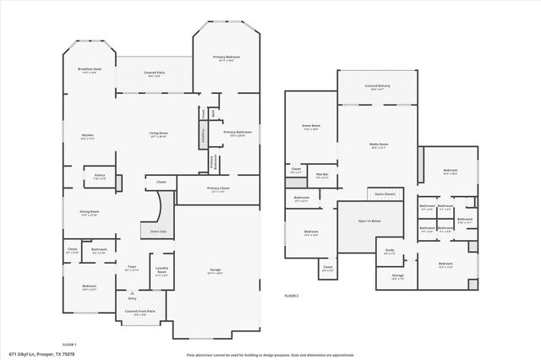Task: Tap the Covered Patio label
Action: (x=155, y=74)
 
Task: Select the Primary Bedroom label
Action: (x=225, y=57)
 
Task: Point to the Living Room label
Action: (x=158, y=134)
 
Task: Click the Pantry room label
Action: (x=99, y=177)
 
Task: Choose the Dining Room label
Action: (x=89, y=213)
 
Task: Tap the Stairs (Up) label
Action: (x=158, y=230)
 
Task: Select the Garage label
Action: (x=216, y=271)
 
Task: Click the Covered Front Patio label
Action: (x=139, y=313)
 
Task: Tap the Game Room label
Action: (x=311, y=127)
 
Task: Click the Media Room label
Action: (x=378, y=145)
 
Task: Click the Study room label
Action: (x=390, y=249)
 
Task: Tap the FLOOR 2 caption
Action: (x=292, y=296)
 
